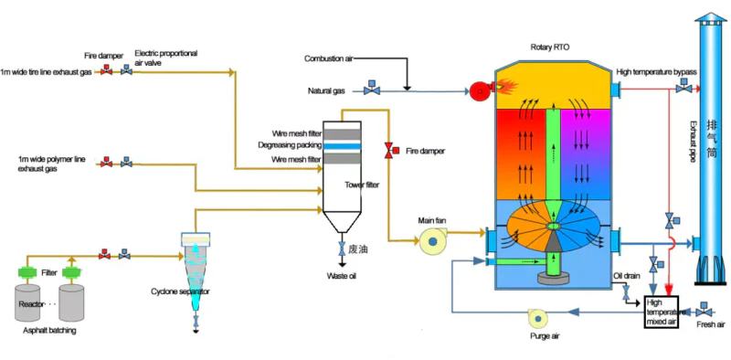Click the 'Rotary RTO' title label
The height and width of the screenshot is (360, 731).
coord(551,47)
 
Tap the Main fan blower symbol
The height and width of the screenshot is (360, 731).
coord(429,242)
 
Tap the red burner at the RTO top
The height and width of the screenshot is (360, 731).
coord(477,90)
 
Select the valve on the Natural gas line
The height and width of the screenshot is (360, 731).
coord(371,90)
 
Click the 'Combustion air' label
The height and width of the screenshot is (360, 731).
coord(328,58)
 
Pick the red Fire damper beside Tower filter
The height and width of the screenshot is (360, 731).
coord(390,149)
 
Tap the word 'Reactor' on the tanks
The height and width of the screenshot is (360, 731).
coord(33,299)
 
